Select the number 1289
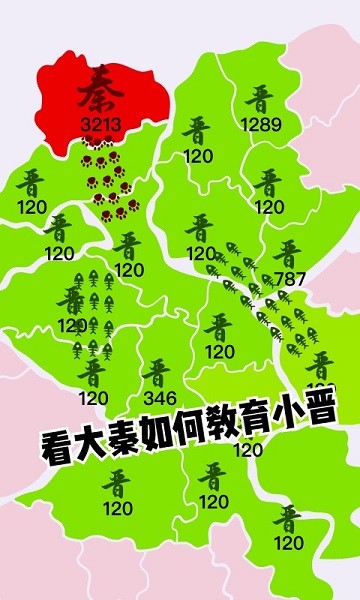pyautogui.click(x=261, y=126)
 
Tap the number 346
pyautogui.click(x=160, y=398)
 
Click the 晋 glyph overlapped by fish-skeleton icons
pyautogui.click(x=72, y=300)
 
